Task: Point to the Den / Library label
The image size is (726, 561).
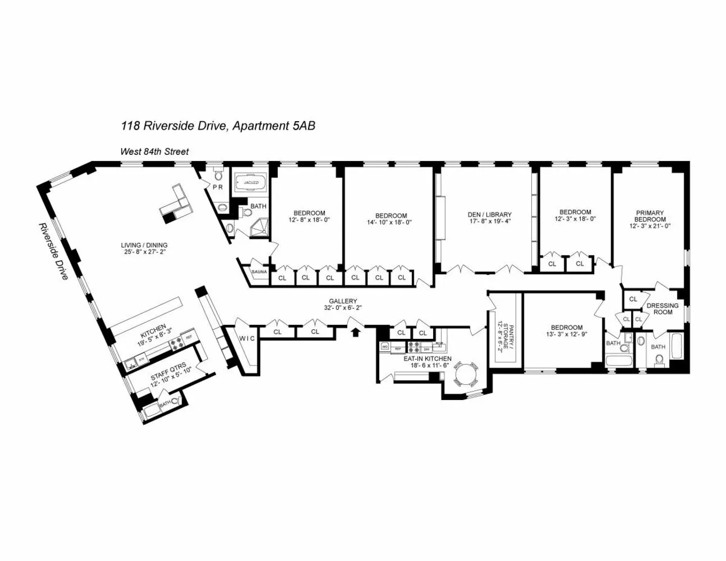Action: [x=489, y=215]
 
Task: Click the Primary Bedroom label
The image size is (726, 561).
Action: [x=650, y=217]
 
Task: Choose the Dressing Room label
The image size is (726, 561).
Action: [x=663, y=309]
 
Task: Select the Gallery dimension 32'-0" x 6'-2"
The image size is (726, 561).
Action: [x=343, y=307]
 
